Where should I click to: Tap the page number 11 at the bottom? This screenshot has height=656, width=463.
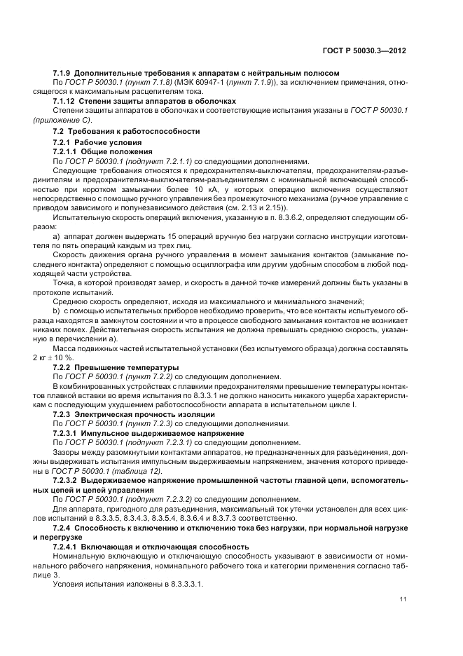tap(403, 599)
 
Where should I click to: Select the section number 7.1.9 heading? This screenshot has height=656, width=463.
tap(63, 72)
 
